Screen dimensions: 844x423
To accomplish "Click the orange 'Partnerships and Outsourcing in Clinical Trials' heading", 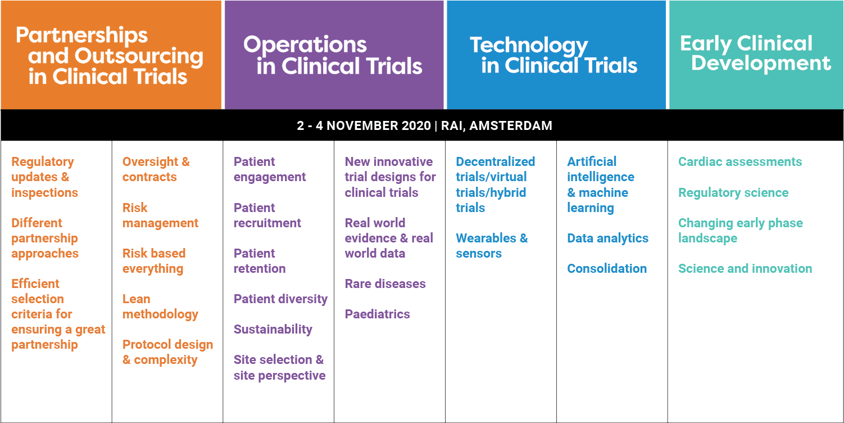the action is click(x=109, y=56).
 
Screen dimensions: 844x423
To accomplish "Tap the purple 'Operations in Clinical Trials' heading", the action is click(x=333, y=56).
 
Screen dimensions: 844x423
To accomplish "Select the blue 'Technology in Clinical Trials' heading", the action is click(x=553, y=56).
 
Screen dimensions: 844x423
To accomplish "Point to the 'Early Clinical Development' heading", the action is click(x=755, y=53).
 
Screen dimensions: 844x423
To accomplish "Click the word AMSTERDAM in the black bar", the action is click(x=511, y=125).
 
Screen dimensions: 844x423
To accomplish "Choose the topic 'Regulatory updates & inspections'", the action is click(x=44, y=177).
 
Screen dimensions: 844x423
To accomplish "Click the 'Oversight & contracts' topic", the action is click(x=156, y=169).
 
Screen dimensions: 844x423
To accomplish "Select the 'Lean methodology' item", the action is click(x=160, y=307).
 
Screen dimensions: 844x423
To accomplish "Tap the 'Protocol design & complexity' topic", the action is click(x=167, y=352).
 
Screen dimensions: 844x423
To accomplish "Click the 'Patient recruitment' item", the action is click(x=267, y=215).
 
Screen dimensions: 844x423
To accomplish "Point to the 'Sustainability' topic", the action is click(x=273, y=329).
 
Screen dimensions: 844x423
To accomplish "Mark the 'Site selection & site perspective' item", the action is click(x=279, y=367).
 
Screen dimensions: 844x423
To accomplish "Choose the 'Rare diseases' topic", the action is click(x=385, y=283).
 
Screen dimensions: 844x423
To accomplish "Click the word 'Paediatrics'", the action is click(x=377, y=314).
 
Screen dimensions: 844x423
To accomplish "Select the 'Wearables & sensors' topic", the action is click(x=492, y=246).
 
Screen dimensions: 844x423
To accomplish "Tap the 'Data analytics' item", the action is click(x=608, y=238).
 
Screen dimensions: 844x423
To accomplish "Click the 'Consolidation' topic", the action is click(x=607, y=268).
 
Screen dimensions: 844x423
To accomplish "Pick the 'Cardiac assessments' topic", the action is click(x=740, y=161).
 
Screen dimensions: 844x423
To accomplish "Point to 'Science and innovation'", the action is click(x=745, y=268).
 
